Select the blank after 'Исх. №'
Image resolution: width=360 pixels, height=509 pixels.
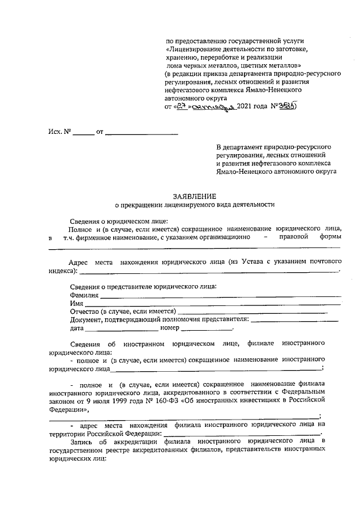click(84, 133)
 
